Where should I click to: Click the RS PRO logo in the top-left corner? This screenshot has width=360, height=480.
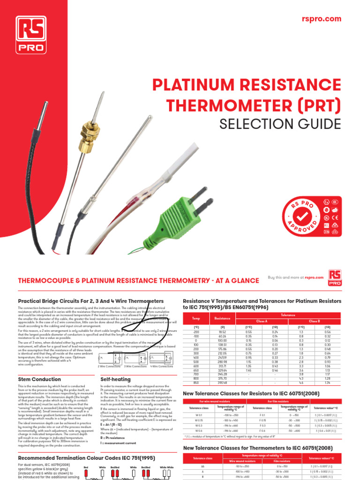point(31,34)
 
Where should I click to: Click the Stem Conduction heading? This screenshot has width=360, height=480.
point(39,379)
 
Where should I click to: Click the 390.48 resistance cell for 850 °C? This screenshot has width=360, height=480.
point(216,382)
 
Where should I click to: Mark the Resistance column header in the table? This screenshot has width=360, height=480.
point(216,318)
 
